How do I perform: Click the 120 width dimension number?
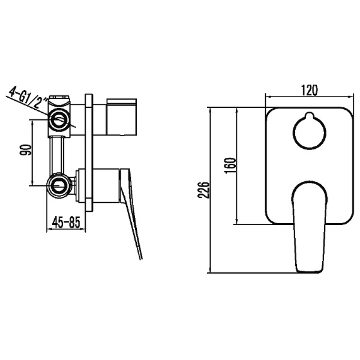pos(308,90)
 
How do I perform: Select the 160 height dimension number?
pos(231,164)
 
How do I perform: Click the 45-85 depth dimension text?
pos(67,222)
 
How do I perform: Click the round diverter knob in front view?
pos(308,131)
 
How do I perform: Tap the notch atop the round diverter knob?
pos(308,116)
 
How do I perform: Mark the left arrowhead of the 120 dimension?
pos(268,97)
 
